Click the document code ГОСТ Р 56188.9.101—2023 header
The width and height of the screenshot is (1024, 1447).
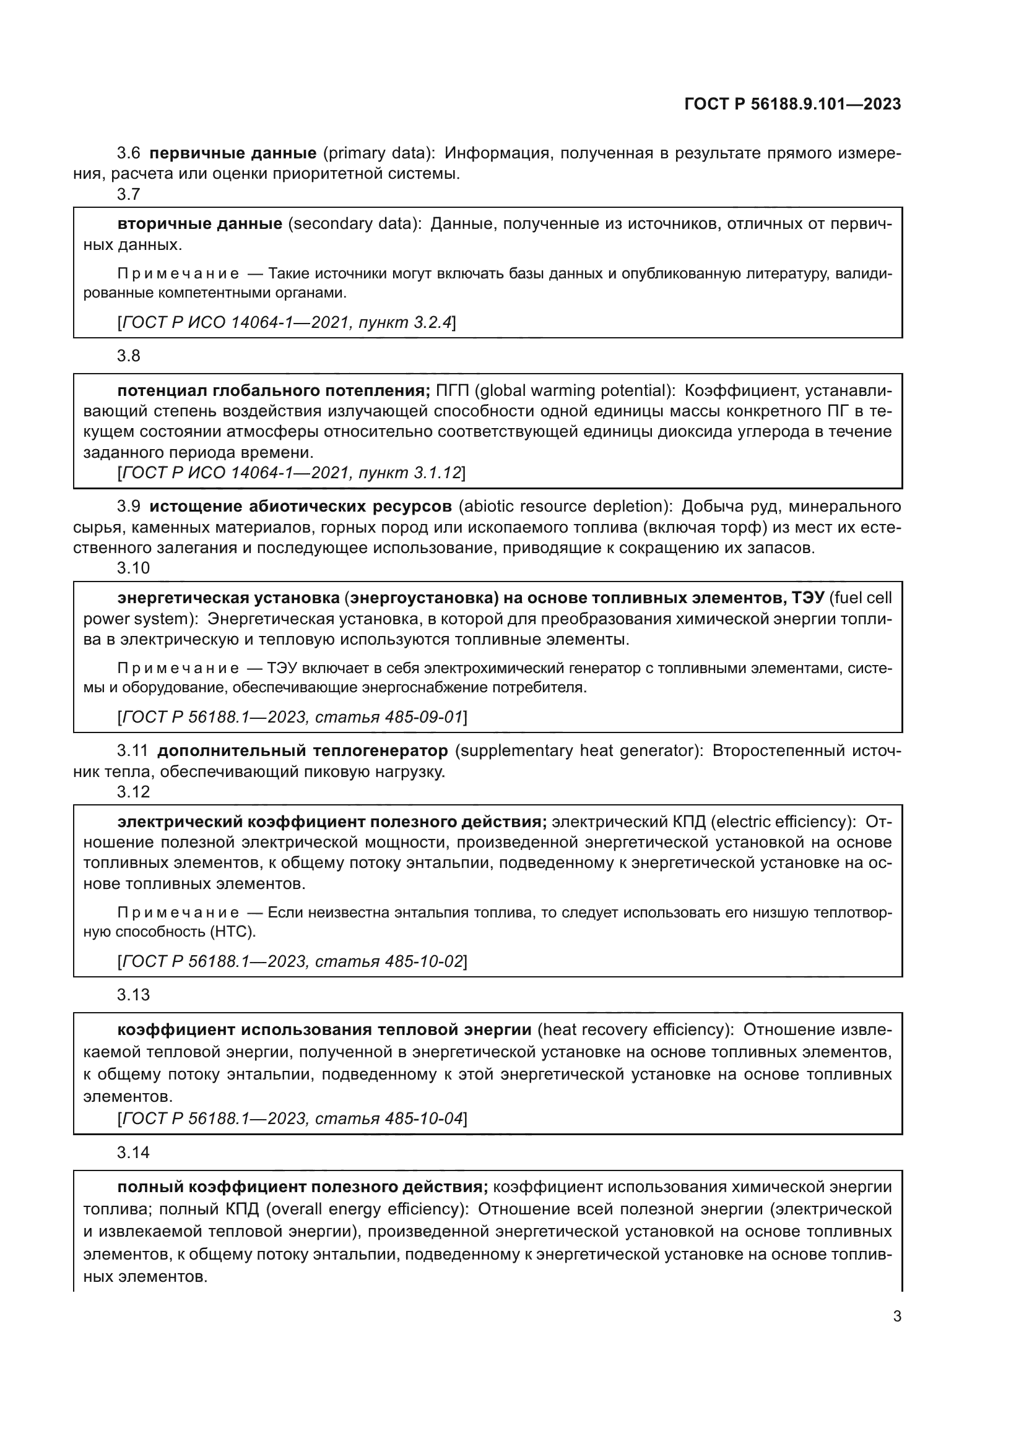pyautogui.click(x=792, y=105)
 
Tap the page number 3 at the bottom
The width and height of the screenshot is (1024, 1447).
pyautogui.click(x=896, y=1316)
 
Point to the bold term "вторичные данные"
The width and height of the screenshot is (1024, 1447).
pyautogui.click(x=200, y=224)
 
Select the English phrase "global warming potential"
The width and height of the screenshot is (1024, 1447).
pyautogui.click(x=571, y=391)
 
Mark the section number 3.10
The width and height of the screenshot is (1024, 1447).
pyautogui.click(x=133, y=568)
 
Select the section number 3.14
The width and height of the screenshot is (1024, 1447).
pyautogui.click(x=133, y=1153)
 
